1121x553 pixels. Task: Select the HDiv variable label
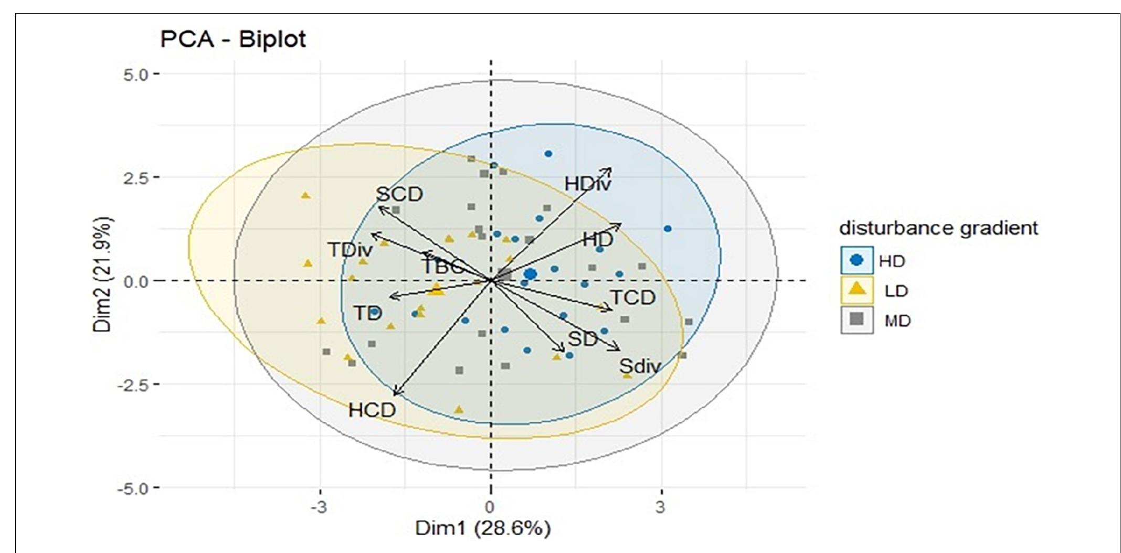(588, 184)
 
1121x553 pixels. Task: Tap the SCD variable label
(399, 195)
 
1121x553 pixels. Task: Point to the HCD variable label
(372, 410)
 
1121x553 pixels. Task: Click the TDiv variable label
(350, 250)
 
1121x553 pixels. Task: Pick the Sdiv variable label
(639, 366)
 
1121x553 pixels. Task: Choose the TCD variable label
(632, 298)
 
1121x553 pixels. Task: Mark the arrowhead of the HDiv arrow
(610, 169)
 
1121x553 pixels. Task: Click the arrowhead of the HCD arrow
(395, 395)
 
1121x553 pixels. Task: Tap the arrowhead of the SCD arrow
(379, 207)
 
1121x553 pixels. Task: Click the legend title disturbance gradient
(938, 228)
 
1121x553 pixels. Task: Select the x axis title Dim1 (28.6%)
(483, 528)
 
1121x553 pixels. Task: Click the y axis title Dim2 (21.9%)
(103, 274)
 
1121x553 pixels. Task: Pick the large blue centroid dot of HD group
(530, 274)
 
